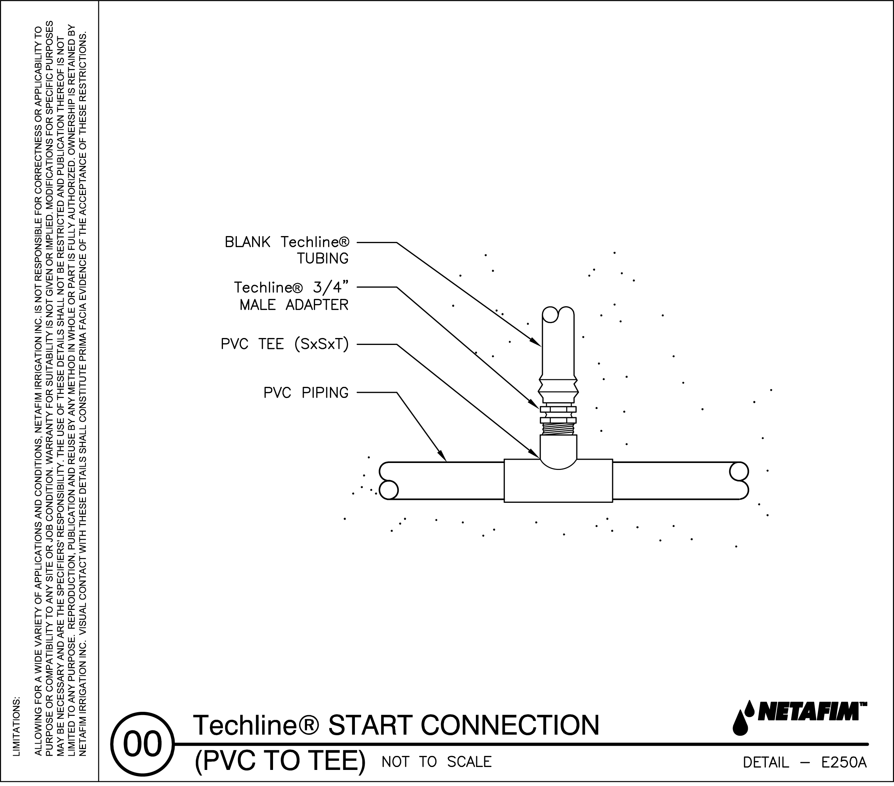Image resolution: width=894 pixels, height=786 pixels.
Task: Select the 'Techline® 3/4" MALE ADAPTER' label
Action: (x=291, y=296)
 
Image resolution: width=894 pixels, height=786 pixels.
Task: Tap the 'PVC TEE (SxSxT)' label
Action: (x=285, y=345)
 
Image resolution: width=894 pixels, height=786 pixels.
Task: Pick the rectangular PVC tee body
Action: (x=558, y=486)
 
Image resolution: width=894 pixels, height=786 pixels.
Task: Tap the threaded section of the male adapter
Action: (x=558, y=429)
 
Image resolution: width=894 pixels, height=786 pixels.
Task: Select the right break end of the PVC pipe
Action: (x=739, y=480)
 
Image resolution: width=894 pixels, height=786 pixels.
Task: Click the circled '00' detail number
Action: (x=143, y=744)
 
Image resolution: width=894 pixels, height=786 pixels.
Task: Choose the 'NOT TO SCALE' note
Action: (x=436, y=762)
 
